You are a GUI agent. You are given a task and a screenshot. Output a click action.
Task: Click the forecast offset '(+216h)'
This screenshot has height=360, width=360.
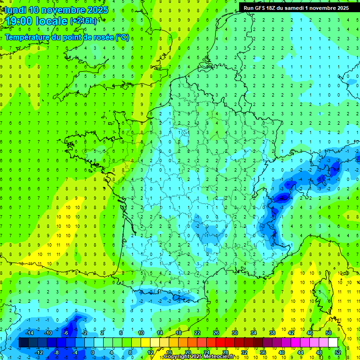(x=83, y=21)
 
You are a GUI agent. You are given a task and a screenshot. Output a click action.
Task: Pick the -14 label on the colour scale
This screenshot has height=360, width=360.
(x=29, y=333)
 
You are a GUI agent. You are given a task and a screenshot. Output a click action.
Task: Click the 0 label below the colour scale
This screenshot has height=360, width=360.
(x=93, y=352)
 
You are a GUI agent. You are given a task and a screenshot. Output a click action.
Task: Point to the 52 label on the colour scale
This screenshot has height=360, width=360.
(x=338, y=352)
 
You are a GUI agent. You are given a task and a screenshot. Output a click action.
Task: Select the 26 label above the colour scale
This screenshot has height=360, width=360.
(x=216, y=333)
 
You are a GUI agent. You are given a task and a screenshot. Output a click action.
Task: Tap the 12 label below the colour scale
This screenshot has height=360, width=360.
(x=151, y=352)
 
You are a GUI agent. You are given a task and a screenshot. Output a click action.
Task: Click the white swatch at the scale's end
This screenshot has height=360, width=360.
(x=333, y=343)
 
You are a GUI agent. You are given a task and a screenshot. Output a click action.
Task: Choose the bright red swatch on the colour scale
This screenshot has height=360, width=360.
(x=220, y=343)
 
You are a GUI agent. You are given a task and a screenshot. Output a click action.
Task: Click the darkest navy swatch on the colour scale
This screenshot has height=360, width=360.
(x=23, y=343)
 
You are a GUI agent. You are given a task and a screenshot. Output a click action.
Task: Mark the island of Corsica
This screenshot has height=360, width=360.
(x=322, y=291)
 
